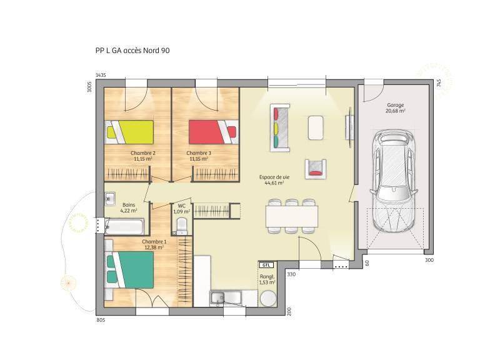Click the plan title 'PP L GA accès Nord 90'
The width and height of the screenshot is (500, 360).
tap(132, 51)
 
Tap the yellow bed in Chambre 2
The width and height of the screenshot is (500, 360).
tap(129, 132)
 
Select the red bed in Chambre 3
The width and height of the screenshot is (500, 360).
tap(214, 132)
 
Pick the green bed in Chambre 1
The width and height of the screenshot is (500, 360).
tap(129, 270)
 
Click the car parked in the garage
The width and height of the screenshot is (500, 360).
tap(394, 181)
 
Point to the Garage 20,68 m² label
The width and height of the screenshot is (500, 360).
tap(396, 107)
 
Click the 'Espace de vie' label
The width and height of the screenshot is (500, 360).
tap(274, 177)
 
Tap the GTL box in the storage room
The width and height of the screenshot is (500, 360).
tap(266, 265)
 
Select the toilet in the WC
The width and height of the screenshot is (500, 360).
tap(182, 225)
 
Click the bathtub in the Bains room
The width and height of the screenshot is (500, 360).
tap(124, 226)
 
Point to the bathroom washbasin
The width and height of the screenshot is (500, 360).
tap(109, 199)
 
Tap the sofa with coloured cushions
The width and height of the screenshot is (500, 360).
tap(280, 127)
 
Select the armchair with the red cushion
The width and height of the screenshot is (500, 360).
tap(316, 169)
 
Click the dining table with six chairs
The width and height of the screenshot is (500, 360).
tap(292, 216)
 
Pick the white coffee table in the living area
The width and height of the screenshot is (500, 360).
tap(316, 127)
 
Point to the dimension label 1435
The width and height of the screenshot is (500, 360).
tap(101, 75)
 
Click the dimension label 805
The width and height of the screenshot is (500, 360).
tap(101, 320)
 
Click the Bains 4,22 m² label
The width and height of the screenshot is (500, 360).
tap(129, 207)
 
